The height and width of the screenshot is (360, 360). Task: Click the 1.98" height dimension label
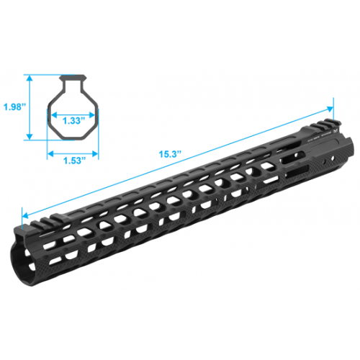pyautogui.click(x=14, y=106)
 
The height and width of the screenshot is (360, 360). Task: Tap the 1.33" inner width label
pyautogui.click(x=73, y=120)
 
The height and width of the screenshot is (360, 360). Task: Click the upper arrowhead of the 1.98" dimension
pyautogui.click(x=30, y=76)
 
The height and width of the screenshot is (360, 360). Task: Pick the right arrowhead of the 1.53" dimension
pyautogui.click(x=95, y=152)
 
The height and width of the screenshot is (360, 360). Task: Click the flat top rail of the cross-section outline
pyautogui.click(x=73, y=74)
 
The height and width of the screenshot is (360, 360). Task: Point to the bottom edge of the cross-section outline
pyautogui.click(x=73, y=139)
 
